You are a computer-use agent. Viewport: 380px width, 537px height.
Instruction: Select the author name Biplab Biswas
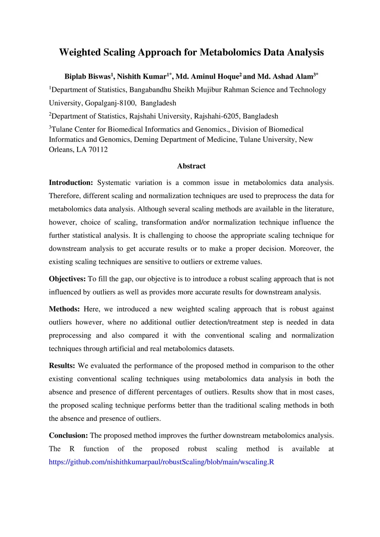[x=87, y=77]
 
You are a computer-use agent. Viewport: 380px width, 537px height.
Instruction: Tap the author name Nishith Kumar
[x=141, y=77]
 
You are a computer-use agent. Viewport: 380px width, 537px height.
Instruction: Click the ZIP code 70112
[x=98, y=150]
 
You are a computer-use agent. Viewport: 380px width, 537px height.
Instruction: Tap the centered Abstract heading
[x=191, y=166]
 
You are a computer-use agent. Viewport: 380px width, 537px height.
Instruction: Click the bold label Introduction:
[x=71, y=183]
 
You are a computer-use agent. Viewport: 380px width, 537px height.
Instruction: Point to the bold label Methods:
[x=64, y=309]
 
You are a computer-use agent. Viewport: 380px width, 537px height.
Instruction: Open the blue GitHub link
[x=161, y=462]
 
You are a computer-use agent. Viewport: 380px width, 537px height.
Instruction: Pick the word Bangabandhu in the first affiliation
[x=150, y=90]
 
